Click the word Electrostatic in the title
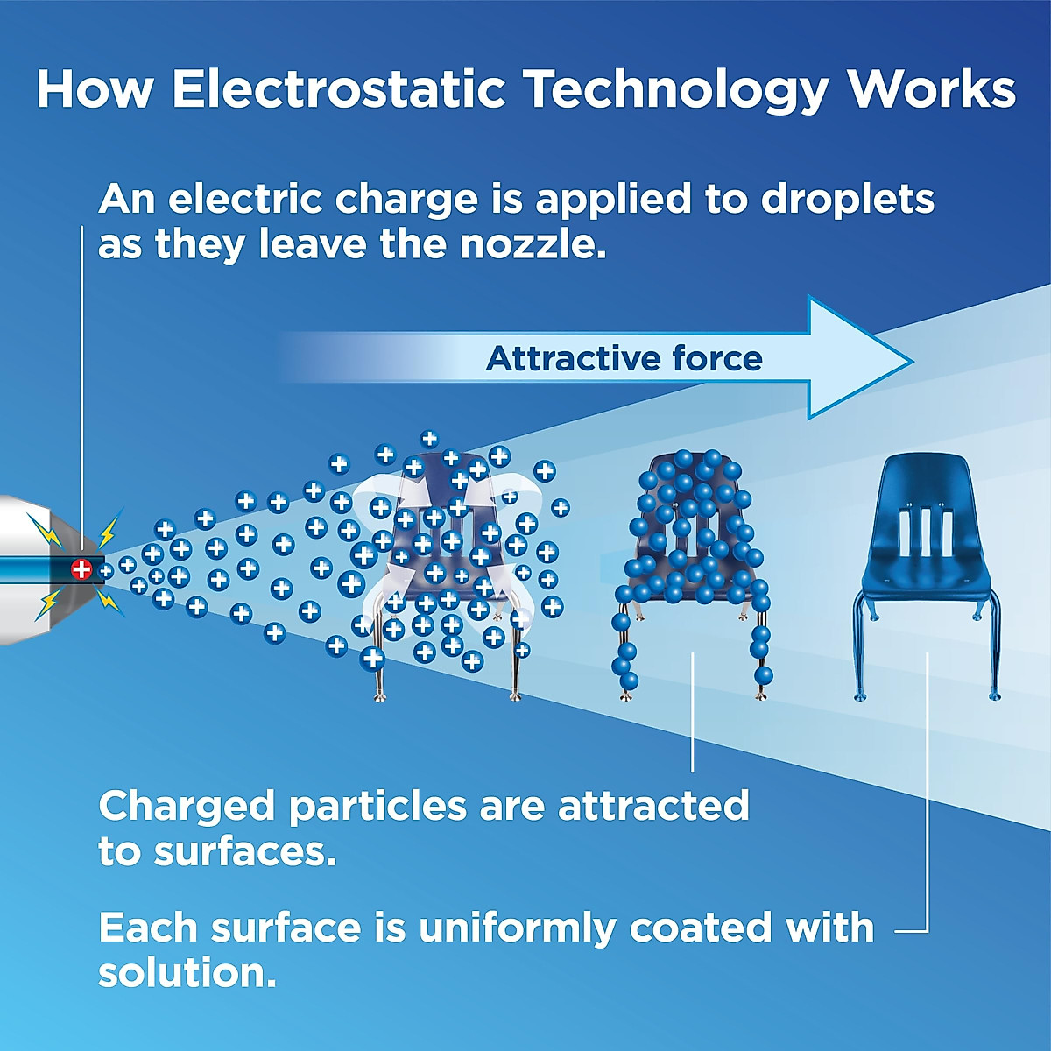pos(339,89)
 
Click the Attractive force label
pos(624,358)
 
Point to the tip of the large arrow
pos(913,361)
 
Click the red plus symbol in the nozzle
pos(81,569)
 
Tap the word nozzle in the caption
pos(532,245)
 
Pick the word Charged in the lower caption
pos(187,808)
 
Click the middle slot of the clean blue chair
pos(925,531)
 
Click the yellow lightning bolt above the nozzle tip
pos(108,528)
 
